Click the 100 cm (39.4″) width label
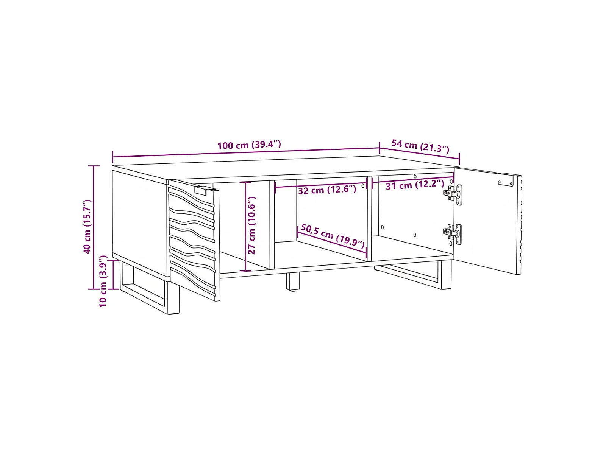tap(249, 145)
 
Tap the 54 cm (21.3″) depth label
tap(420, 146)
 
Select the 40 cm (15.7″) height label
tap(87, 226)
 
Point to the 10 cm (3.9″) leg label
tap(103, 281)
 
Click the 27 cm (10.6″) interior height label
tap(251, 225)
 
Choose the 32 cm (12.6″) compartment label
tap(327, 190)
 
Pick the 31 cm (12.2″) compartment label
tap(415, 185)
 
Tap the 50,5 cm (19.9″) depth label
tap(333, 235)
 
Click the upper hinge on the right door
tap(453, 194)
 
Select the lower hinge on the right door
tap(453, 234)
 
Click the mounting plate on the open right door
tap(506, 179)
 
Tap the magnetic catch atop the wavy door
tap(201, 190)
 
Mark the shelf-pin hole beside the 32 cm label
tap(363, 186)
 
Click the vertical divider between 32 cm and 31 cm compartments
tap(369, 219)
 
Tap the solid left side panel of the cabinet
tap(140, 222)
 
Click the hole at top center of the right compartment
tap(415, 176)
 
